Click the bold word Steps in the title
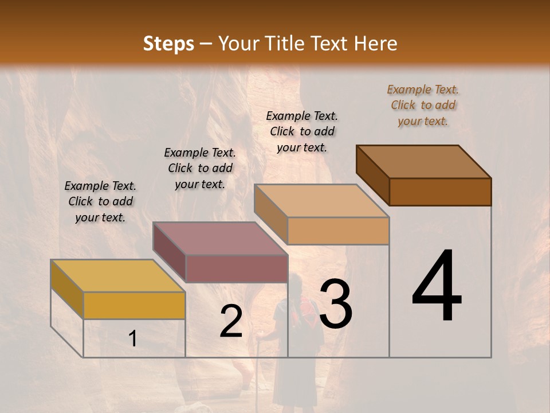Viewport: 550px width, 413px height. pyautogui.click(x=168, y=44)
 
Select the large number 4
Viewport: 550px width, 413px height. pyautogui.click(x=437, y=287)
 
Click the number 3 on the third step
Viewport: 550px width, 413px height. pyautogui.click(x=336, y=303)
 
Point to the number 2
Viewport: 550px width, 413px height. pyautogui.click(x=231, y=322)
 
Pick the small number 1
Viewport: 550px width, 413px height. pyautogui.click(x=133, y=339)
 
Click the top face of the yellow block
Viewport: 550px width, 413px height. pyautogui.click(x=118, y=276)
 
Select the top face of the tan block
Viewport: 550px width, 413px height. pyautogui.click(x=321, y=201)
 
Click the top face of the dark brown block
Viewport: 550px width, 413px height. pyautogui.click(x=424, y=162)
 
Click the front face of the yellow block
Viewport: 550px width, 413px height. pyautogui.click(x=134, y=305)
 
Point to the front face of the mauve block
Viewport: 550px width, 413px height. pyautogui.click(x=237, y=268)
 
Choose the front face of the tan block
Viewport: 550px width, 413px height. pyautogui.click(x=338, y=231)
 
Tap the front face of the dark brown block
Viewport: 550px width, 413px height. pyautogui.click(x=440, y=192)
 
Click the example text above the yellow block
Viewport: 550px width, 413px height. pyautogui.click(x=100, y=201)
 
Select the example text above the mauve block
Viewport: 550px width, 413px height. pyautogui.click(x=200, y=168)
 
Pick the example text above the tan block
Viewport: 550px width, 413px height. pyautogui.click(x=302, y=131)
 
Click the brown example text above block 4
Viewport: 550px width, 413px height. pyautogui.click(x=423, y=105)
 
